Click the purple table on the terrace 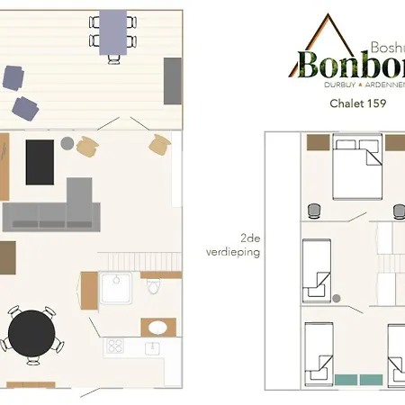[113, 32]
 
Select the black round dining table [31, 333]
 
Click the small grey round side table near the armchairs [67, 143]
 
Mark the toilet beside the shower [153, 288]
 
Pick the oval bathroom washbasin [155, 327]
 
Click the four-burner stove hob [115, 345]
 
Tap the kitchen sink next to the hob [153, 346]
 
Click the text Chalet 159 [346, 103]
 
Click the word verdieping [238, 253]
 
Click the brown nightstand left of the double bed [318, 142]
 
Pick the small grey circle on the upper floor [336, 297]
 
